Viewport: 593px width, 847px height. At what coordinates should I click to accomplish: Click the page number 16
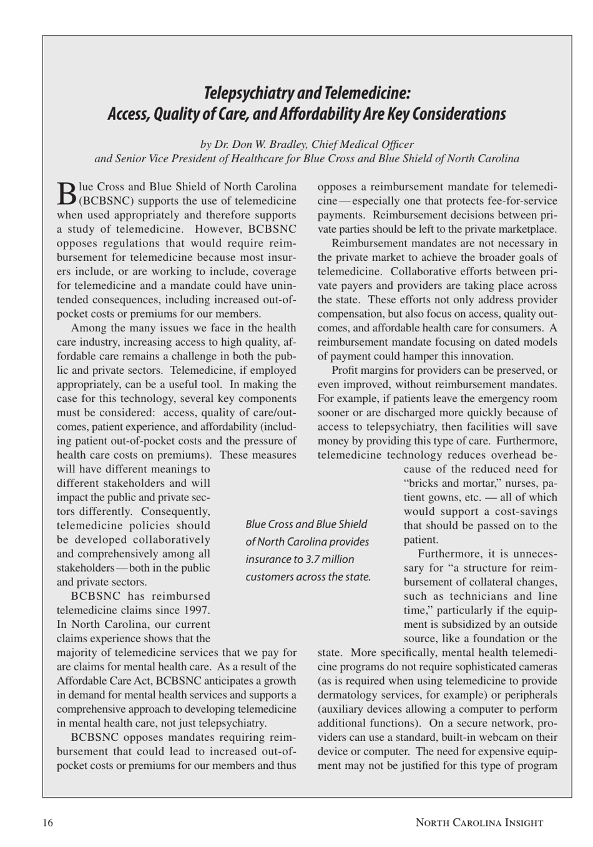(x=48, y=823)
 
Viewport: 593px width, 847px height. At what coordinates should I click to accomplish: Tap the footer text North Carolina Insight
(x=479, y=823)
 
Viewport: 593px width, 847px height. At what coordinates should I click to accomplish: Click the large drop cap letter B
(x=66, y=193)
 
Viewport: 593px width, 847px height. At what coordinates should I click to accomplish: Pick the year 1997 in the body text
(x=197, y=610)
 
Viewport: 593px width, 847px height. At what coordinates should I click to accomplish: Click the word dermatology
(x=347, y=695)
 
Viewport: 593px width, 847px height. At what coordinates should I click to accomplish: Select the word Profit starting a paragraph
(x=345, y=370)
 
